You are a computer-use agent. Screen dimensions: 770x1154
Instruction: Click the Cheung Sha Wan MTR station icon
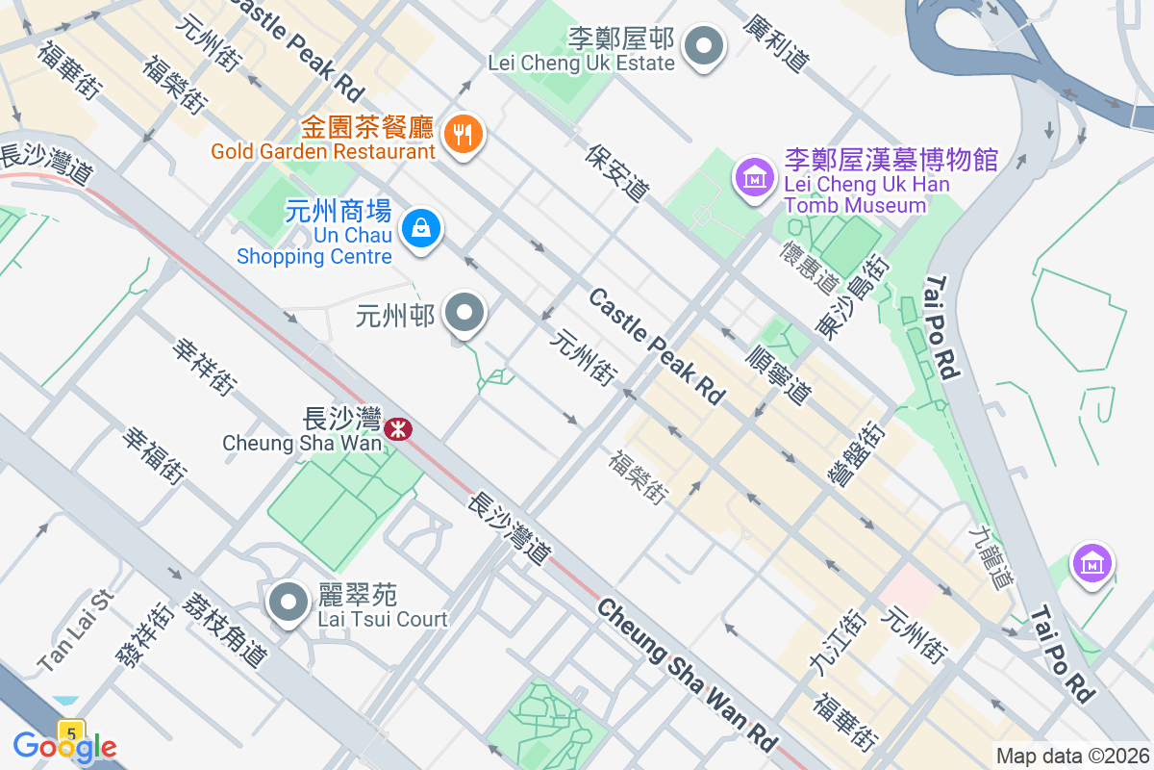[x=396, y=428]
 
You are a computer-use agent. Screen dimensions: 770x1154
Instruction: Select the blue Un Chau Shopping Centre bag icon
[x=421, y=229]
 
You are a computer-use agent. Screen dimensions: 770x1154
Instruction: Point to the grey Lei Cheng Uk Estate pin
[x=704, y=46]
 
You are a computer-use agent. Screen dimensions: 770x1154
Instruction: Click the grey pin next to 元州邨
[x=465, y=313]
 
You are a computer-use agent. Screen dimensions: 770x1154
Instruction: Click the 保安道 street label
[x=616, y=173]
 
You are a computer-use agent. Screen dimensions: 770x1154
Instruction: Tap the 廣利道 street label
[x=775, y=43]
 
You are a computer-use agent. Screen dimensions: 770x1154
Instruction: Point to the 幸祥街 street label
[x=204, y=366]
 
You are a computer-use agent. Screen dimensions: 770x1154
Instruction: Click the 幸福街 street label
[x=154, y=455]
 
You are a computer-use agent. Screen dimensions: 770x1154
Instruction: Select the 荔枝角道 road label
[x=229, y=630]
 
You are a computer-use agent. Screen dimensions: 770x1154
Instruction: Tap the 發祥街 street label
[x=144, y=636]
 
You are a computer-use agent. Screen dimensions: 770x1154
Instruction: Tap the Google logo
[x=64, y=746]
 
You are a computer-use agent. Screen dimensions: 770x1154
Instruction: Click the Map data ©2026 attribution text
[x=1071, y=757]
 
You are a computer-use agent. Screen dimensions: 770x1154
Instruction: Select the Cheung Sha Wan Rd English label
[x=686, y=676]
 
